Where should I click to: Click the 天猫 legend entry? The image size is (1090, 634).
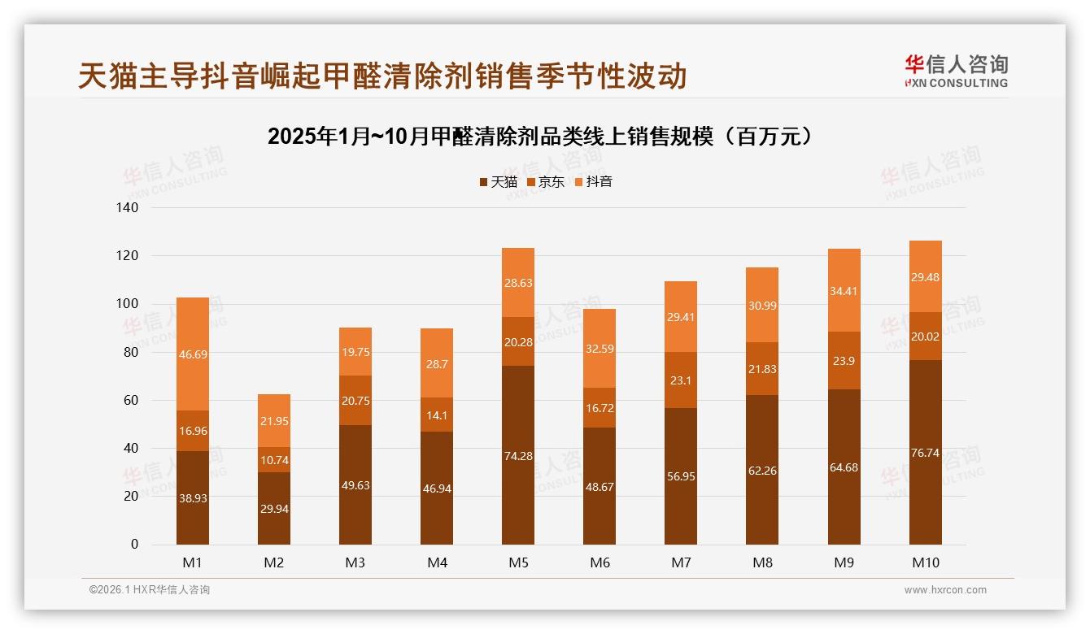[499, 182]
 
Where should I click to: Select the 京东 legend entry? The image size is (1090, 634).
[546, 182]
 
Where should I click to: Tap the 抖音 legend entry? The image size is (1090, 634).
[594, 182]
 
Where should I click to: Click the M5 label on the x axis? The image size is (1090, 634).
[518, 562]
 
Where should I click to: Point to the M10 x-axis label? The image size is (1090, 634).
[926, 562]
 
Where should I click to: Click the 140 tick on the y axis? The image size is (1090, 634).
[128, 208]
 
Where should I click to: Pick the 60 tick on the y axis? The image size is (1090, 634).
[131, 401]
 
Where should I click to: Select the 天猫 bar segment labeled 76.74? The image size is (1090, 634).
[926, 452]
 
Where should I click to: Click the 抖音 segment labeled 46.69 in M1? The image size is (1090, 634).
[193, 354]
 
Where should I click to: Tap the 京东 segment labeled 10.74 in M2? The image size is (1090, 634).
[274, 460]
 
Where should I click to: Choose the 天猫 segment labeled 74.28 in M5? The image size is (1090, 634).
[518, 455]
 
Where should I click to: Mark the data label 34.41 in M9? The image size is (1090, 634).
[844, 291]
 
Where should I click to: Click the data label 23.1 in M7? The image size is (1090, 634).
[681, 380]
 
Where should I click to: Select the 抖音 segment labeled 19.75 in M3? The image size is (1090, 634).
[355, 352]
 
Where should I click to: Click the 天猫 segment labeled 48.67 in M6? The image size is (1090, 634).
[599, 486]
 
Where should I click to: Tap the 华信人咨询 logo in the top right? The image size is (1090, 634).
[956, 71]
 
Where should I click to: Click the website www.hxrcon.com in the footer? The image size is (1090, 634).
[945, 590]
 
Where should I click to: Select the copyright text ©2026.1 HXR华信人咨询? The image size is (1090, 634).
[150, 590]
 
